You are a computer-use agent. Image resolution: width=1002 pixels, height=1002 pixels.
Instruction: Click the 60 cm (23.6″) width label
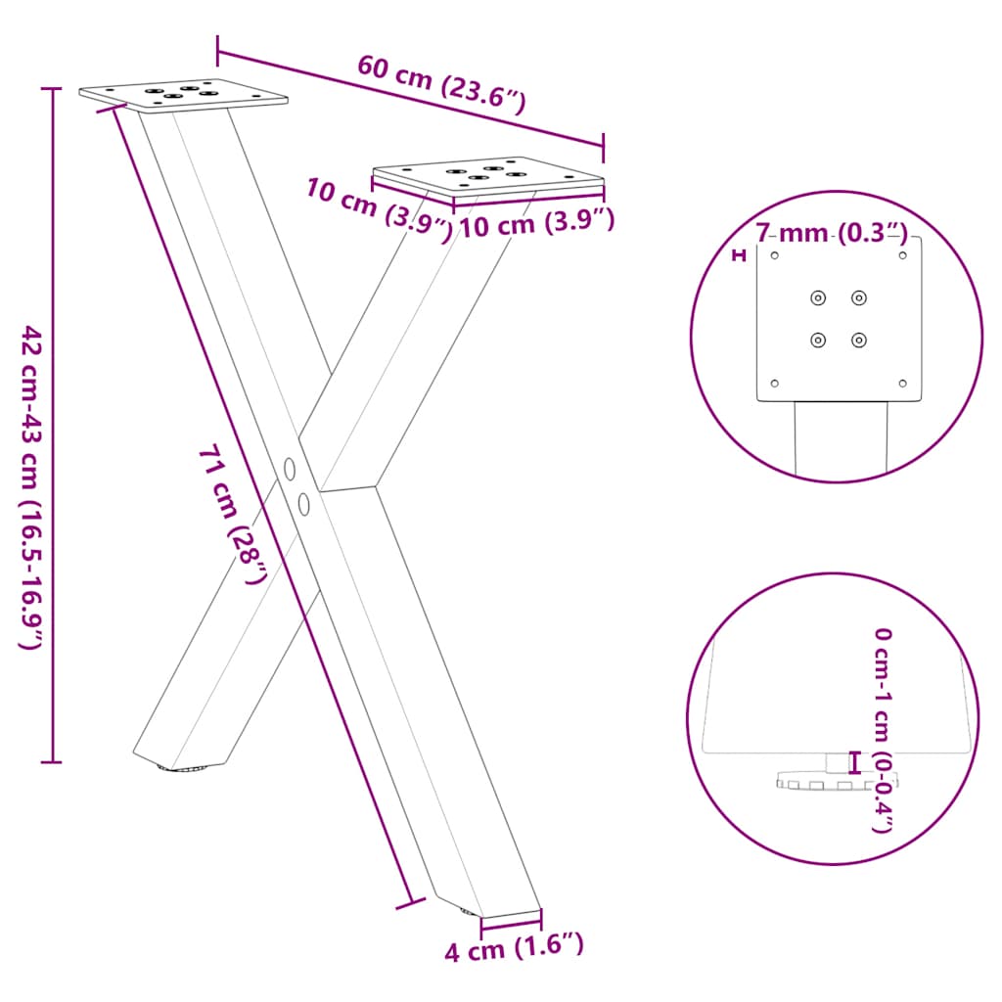pyautogui.click(x=441, y=83)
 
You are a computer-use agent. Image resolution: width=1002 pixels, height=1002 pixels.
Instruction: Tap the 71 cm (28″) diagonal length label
pyautogui.click(x=233, y=513)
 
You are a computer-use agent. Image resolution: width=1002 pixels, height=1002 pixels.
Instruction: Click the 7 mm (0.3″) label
pyautogui.click(x=831, y=233)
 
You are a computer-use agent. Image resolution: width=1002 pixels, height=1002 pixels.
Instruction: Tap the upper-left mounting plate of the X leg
pyautogui.click(x=184, y=95)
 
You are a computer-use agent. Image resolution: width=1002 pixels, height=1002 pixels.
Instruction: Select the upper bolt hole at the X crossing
pyautogui.click(x=290, y=469)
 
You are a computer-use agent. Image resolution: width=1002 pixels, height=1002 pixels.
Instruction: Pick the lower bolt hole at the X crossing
pyautogui.click(x=304, y=504)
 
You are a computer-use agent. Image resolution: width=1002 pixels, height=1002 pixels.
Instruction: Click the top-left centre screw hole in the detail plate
pyautogui.click(x=818, y=297)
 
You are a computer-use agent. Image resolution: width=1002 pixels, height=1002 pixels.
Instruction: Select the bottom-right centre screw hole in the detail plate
pyautogui.click(x=858, y=340)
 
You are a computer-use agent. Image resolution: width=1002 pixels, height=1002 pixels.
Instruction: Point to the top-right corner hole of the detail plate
pyautogui.click(x=903, y=256)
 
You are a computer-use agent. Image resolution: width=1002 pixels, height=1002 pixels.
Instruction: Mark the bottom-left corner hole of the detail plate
pyautogui.click(x=774, y=383)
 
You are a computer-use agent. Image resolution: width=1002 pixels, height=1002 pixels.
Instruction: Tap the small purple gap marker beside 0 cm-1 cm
pyautogui.click(x=854, y=761)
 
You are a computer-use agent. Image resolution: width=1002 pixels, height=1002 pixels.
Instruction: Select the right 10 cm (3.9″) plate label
pyautogui.click(x=536, y=224)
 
